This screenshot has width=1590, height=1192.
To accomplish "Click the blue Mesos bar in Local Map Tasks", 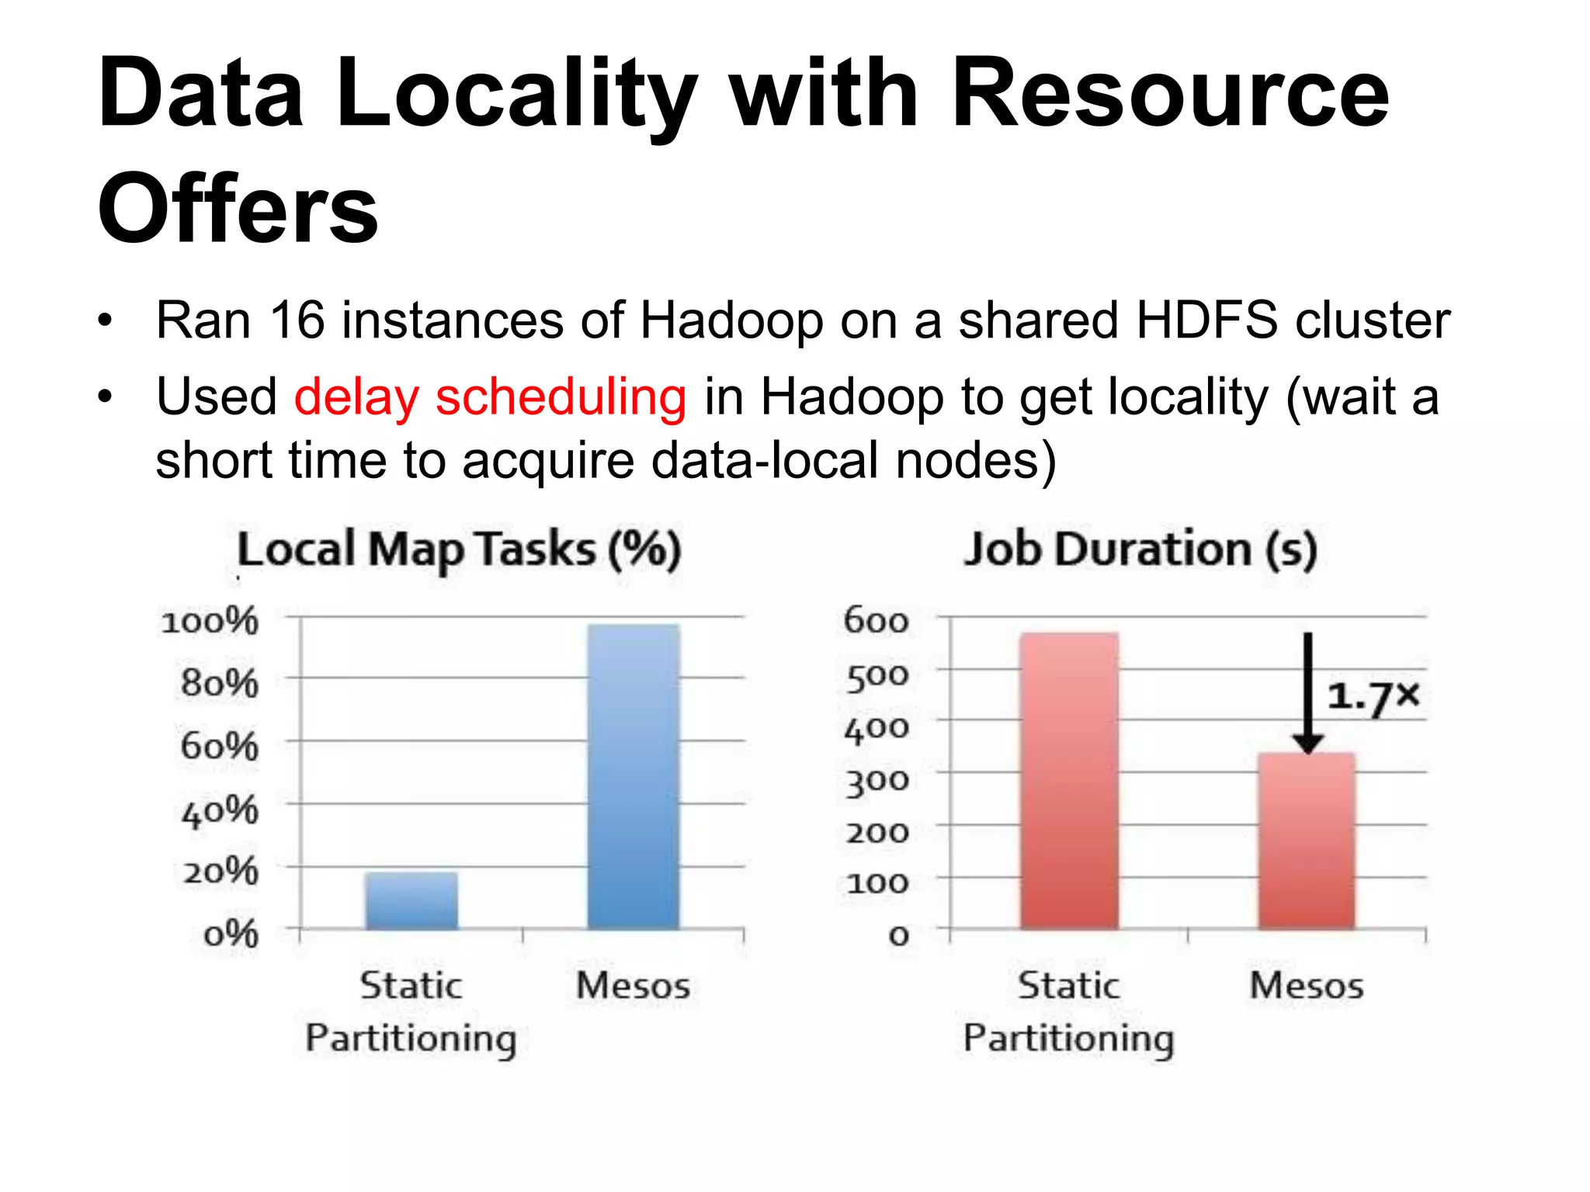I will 633,776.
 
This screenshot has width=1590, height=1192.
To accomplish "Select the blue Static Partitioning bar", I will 411,900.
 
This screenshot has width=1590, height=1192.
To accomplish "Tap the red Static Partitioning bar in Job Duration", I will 1069,780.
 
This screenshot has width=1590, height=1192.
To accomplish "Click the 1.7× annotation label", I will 1373,697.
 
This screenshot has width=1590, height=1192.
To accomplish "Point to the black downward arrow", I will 1308,691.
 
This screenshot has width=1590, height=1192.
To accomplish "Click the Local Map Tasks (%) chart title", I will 459,549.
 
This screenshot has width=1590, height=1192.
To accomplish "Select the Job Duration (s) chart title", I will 1140,549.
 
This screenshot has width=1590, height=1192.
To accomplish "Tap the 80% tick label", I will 219,684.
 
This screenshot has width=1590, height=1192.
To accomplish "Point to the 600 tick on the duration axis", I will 876,621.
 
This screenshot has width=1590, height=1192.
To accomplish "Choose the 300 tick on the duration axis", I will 877,780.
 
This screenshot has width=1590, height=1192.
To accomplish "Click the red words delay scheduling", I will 490,397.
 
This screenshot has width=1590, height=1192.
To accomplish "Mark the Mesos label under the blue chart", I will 633,986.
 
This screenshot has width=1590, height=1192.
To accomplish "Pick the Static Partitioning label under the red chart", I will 1069,1011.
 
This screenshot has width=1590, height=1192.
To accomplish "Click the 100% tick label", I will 210,622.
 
